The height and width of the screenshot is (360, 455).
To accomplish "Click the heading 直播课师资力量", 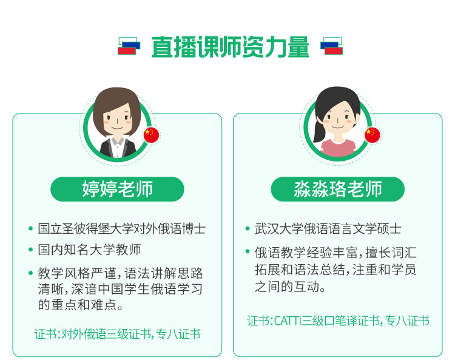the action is point(230,47).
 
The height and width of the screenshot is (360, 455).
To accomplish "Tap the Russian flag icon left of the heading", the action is point(129,46).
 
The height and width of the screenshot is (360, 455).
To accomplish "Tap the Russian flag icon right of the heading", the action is point(331,46).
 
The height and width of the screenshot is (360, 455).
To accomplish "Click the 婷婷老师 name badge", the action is point(117,189).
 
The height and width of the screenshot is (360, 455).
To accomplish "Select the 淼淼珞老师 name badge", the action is point(337,189).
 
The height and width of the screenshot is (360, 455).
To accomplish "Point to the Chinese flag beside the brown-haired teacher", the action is point(152,135).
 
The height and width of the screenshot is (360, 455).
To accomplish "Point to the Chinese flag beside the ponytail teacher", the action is point(372,135).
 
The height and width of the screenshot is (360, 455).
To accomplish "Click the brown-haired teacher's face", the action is point(118,119).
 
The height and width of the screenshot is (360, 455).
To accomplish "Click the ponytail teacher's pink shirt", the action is point(338,148).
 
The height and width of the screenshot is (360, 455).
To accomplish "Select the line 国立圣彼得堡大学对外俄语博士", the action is point(121,229).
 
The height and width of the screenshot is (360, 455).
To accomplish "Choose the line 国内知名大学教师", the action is point(89,250).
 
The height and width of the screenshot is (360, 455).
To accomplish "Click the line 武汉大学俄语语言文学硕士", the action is point(328,229).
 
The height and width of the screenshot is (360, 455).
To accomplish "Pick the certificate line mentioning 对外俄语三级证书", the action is point(117,334).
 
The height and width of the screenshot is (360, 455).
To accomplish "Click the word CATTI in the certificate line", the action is point(288,321).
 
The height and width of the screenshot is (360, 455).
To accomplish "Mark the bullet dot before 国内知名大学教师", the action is point(30,250).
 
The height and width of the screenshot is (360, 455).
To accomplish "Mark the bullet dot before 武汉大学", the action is point(248,229).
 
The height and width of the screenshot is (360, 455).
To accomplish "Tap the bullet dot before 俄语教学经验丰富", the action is point(248,251).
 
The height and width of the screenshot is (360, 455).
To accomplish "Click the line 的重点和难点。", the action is point(81,305).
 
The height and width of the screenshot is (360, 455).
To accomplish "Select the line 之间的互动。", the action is point(290,287).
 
